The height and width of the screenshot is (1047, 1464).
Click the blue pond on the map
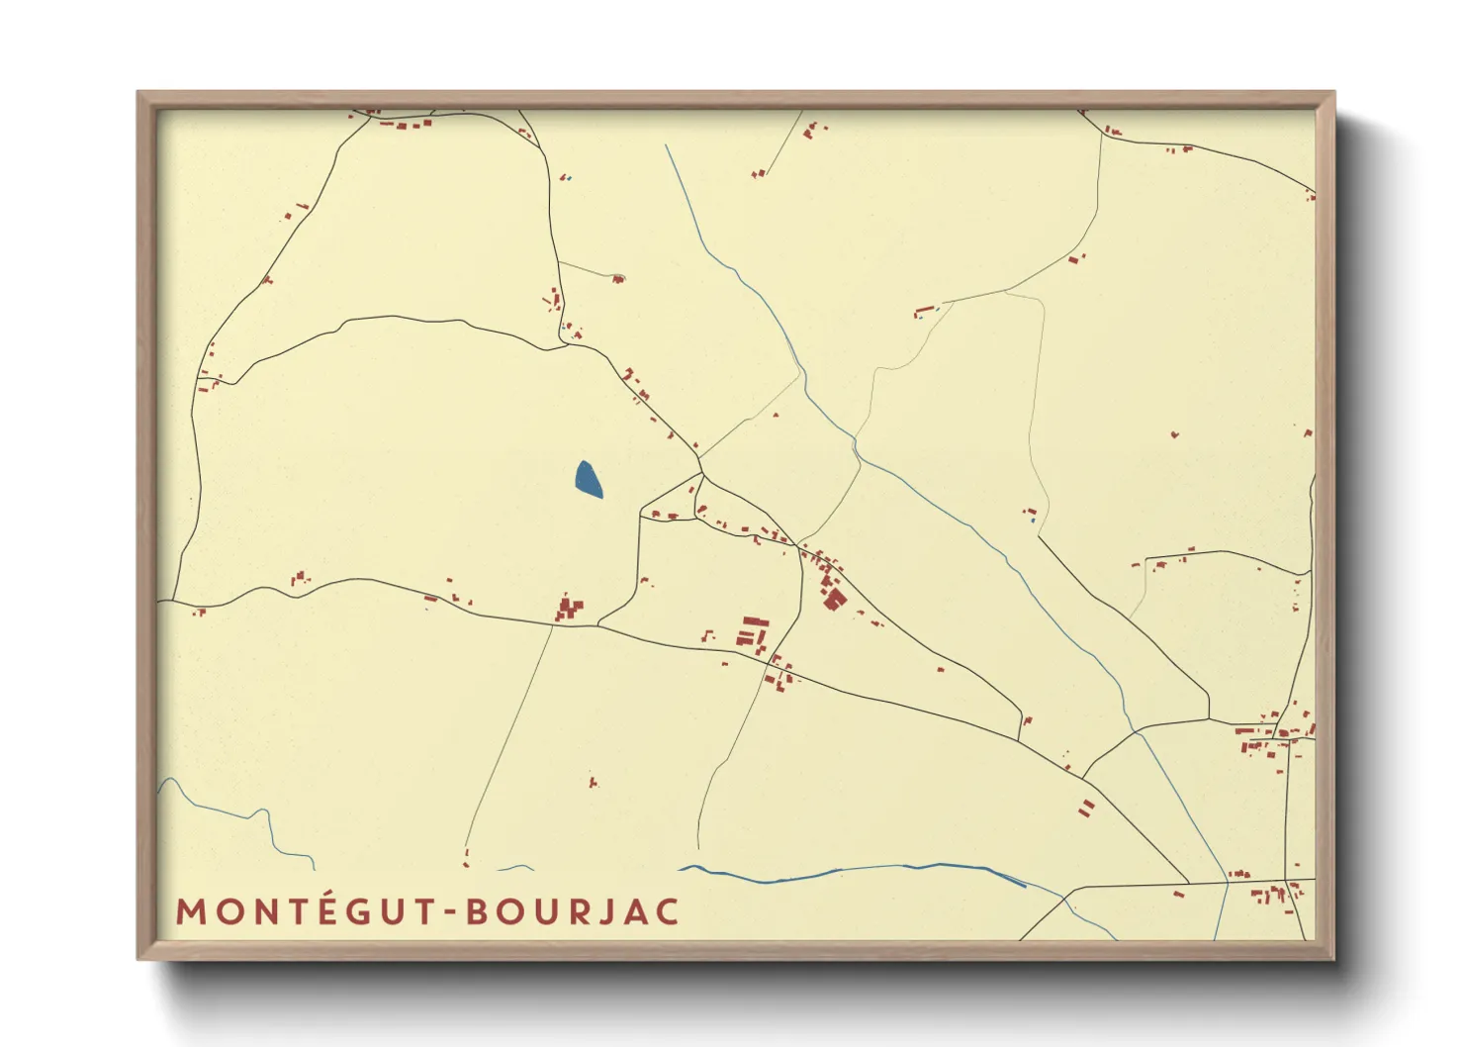(588, 480)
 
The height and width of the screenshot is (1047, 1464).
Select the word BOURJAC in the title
(573, 911)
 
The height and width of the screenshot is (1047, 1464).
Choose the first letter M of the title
(191, 911)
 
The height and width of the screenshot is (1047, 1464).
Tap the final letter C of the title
(668, 911)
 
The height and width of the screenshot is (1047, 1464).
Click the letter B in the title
(478, 911)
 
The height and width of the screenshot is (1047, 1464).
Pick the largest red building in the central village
(835, 599)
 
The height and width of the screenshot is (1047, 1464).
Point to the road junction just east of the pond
(700, 475)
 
